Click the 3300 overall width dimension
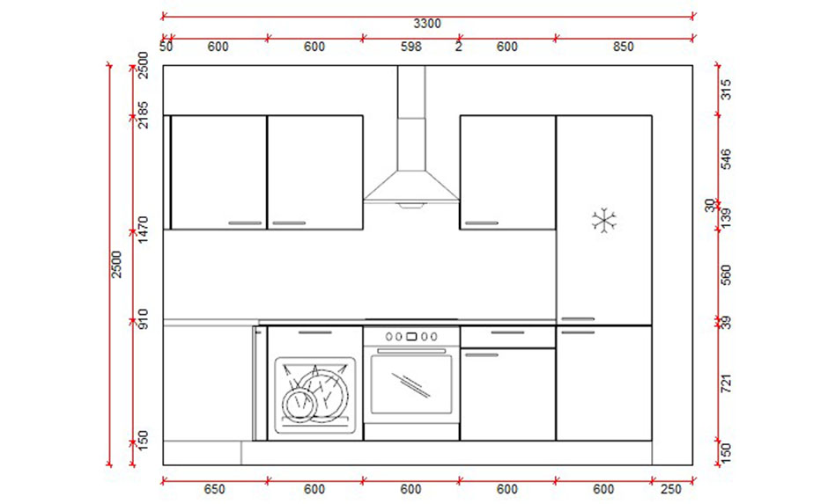pyautogui.click(x=426, y=24)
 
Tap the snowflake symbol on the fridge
pyautogui.click(x=604, y=220)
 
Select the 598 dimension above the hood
pyautogui.click(x=410, y=47)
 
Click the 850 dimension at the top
pyautogui.click(x=623, y=47)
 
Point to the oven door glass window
pyautogui.click(x=411, y=383)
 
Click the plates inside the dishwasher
pyautogui.click(x=314, y=393)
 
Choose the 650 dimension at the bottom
pyautogui.click(x=215, y=489)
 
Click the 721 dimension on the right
pyautogui.click(x=727, y=384)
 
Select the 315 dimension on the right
pyautogui.click(x=727, y=90)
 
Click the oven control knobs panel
pyautogui.click(x=411, y=336)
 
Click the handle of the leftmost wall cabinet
pyautogui.click(x=245, y=223)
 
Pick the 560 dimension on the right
pyautogui.click(x=727, y=275)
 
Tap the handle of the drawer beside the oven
pyautogui.click(x=507, y=333)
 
